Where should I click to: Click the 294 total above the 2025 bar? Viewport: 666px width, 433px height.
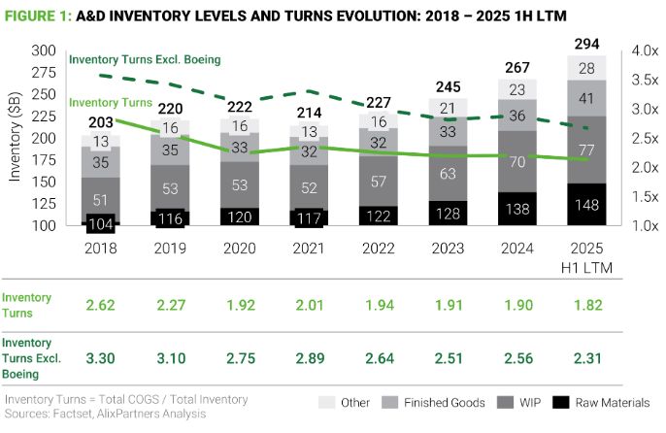pyautogui.click(x=585, y=44)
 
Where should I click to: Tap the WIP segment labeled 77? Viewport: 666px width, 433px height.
pyautogui.click(x=585, y=150)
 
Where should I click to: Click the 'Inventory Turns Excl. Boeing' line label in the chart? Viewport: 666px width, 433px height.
pyautogui.click(x=146, y=59)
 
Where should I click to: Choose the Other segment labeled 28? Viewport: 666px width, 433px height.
pyautogui.click(x=585, y=68)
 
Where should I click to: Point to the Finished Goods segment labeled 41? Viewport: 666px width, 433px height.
pyautogui.click(x=585, y=98)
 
